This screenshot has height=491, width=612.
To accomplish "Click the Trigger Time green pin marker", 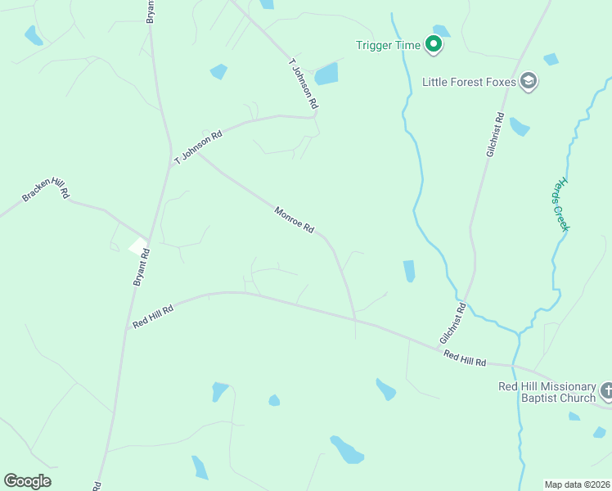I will click(x=434, y=44).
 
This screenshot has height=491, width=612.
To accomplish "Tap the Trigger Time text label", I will click(x=389, y=45).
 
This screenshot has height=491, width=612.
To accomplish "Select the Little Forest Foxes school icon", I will click(x=529, y=81).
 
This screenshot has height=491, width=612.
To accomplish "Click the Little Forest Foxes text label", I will click(x=470, y=82).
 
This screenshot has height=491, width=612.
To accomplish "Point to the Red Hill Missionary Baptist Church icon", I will click(x=605, y=390).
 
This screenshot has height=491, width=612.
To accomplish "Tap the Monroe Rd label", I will click(x=295, y=220).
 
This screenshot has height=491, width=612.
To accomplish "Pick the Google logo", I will click(x=27, y=480).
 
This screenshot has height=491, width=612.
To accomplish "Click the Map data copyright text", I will click(x=578, y=484).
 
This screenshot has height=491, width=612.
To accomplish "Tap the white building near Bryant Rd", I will click(x=138, y=245).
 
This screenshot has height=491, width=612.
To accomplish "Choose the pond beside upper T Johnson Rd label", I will click(x=326, y=74).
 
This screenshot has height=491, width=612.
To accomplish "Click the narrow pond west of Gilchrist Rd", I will click(x=409, y=271).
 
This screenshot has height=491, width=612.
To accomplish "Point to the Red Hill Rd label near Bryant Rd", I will click(x=153, y=317).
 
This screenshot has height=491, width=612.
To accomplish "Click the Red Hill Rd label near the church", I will click(x=465, y=357).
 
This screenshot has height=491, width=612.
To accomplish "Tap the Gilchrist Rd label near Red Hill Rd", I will click(x=452, y=323).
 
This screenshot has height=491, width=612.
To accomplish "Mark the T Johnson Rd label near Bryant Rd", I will click(x=198, y=147).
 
